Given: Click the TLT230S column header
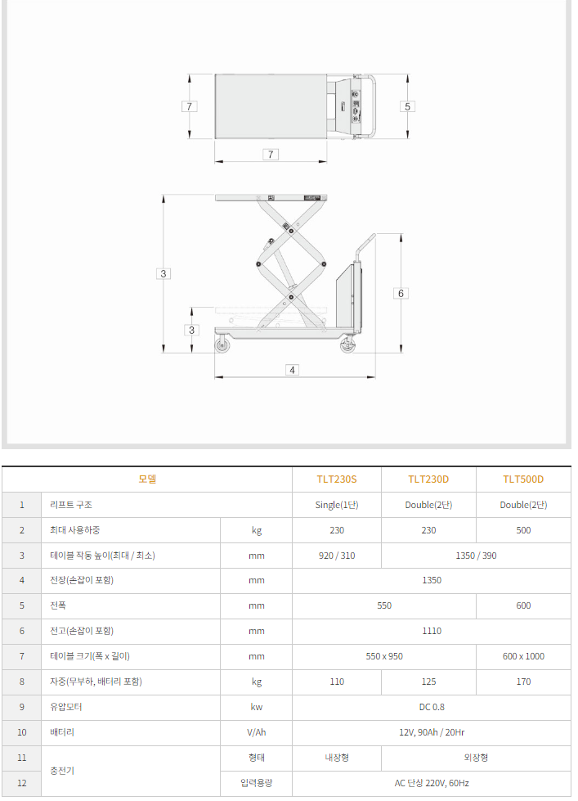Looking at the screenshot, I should tap(337, 479).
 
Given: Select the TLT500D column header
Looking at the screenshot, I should tap(523, 479).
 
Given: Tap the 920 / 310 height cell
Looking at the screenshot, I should tap(337, 556).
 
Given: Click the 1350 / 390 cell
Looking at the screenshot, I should tap(476, 556).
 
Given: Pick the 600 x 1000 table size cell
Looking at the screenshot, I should tap(523, 656).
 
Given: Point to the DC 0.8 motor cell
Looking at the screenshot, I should tap(432, 707).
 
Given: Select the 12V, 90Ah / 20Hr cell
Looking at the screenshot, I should tap(432, 732).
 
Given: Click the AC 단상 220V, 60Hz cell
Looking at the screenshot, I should tap(432, 783).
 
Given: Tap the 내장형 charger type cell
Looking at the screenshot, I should tap(337, 758).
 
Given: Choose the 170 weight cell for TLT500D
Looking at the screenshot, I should tap(523, 682).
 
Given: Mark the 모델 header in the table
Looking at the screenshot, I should tap(147, 479).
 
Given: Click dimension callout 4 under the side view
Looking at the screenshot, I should tap(292, 370).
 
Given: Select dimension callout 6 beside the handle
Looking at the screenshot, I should tap(400, 293).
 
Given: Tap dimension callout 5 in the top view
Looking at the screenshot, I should tap(407, 106).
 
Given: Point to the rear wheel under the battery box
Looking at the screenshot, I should tap(347, 345).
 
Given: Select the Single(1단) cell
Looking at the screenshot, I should tap(337, 505).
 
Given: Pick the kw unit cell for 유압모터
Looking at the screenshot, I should tap(256, 707).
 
